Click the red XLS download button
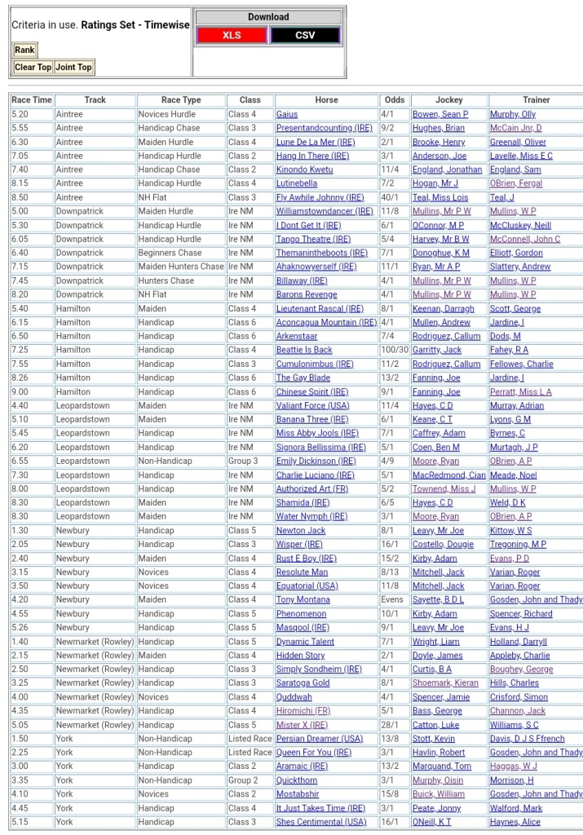coord(232,35)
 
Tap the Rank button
coord(24,51)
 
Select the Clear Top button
coord(33,67)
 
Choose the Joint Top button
coord(73,67)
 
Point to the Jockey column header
coord(448,100)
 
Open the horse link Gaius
coord(287,114)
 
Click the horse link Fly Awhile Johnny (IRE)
coord(320,197)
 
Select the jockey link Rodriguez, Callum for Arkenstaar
coord(447,336)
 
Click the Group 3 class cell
coord(243,461)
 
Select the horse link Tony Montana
coord(303,599)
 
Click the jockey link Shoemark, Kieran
coord(445,683)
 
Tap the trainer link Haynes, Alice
coord(515,822)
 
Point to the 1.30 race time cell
coord(20,530)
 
